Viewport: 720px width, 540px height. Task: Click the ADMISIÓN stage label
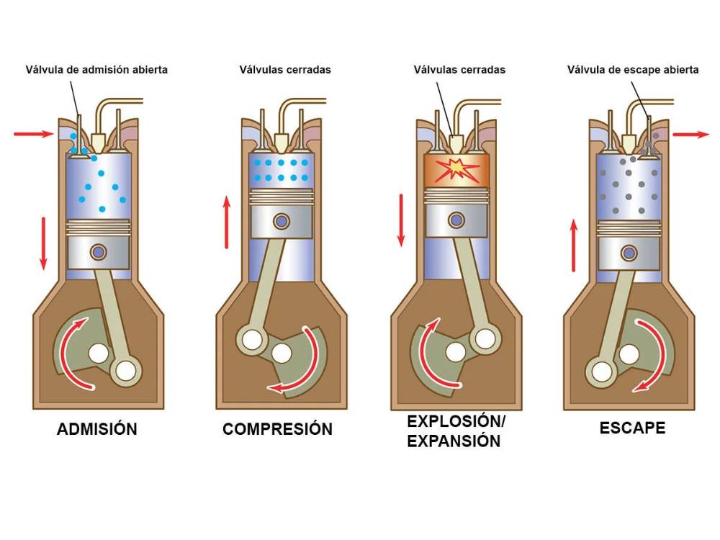(x=97, y=429)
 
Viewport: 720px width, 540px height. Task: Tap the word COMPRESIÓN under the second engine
(x=277, y=429)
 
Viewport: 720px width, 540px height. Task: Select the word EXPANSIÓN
(x=454, y=441)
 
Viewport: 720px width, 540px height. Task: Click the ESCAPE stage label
(x=632, y=428)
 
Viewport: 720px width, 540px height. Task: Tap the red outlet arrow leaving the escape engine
(x=690, y=134)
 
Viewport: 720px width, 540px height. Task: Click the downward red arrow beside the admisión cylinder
(x=43, y=243)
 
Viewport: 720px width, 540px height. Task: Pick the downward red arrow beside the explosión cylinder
(x=402, y=219)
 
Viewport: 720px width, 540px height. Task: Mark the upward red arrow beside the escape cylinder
(x=574, y=246)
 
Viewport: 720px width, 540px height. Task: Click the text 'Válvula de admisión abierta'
(x=96, y=70)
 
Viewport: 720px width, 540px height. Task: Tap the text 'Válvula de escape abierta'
(x=633, y=70)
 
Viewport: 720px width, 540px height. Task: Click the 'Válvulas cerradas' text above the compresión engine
(x=285, y=70)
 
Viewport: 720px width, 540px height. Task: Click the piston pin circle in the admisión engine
(x=98, y=252)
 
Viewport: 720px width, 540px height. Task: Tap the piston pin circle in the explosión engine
(x=456, y=219)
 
